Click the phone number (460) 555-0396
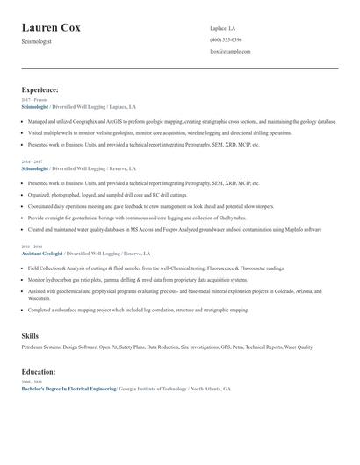pyautogui.click(x=226, y=39)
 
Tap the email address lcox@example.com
pyautogui.click(x=230, y=51)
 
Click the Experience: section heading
pyautogui.click(x=40, y=89)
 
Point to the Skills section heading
pyautogui.click(x=30, y=336)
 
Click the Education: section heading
pyautogui.click(x=39, y=371)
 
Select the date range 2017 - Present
pyautogui.click(x=33, y=100)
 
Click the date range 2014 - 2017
pyautogui.click(x=32, y=162)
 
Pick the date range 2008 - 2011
pyautogui.click(x=32, y=382)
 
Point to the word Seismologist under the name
pyautogui.click(x=37, y=41)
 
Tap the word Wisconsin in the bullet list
pyautogui.click(x=38, y=297)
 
